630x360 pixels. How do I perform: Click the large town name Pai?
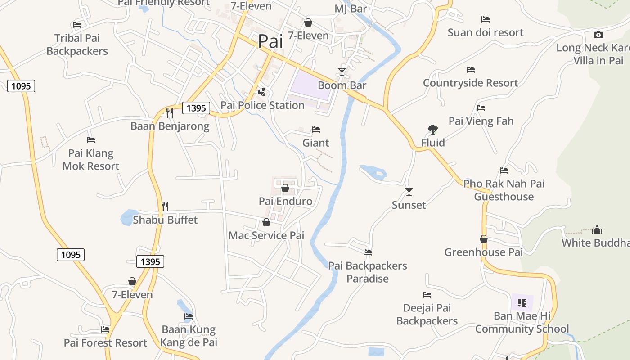click(270, 41)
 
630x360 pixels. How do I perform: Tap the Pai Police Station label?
click(262, 105)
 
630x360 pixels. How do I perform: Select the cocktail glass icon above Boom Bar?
click(342, 72)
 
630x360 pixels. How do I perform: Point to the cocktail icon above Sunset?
click(409, 192)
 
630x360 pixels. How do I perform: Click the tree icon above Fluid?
click(432, 130)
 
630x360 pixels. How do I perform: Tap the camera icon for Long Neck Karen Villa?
click(598, 35)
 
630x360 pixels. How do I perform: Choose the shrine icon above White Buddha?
click(597, 229)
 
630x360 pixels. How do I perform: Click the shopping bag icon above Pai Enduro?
click(285, 188)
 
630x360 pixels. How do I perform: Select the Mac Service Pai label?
click(266, 235)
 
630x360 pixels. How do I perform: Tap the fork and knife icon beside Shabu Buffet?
click(165, 207)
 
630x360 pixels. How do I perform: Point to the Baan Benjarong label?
click(170, 126)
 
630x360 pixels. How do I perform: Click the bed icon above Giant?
click(316, 130)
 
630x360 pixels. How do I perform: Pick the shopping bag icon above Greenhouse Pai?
click(484, 239)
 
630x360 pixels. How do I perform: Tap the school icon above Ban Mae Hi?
click(522, 302)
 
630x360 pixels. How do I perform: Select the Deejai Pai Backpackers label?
click(427, 315)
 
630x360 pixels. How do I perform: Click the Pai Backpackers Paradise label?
click(368, 272)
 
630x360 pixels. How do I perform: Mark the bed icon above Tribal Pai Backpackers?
click(77, 25)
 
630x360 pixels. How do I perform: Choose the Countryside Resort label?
click(470, 83)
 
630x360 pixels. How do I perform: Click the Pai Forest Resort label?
click(105, 343)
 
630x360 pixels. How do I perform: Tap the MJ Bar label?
click(351, 9)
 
